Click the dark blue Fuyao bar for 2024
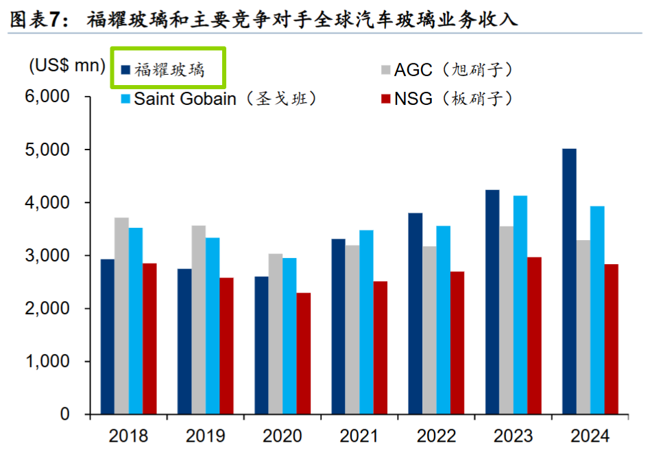click(569, 281)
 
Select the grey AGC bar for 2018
click(121, 316)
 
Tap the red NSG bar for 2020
click(303, 353)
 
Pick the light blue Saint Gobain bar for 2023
click(520, 305)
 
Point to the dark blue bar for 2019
click(184, 342)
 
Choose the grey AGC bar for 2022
click(429, 330)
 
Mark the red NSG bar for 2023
click(535, 335)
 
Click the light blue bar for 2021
click(366, 322)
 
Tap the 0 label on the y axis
click(64, 414)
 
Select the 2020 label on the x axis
click(282, 436)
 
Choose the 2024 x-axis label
click(590, 436)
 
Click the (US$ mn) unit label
click(67, 67)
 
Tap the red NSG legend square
click(386, 99)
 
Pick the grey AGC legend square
click(386, 69)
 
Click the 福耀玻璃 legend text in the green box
click(169, 69)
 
